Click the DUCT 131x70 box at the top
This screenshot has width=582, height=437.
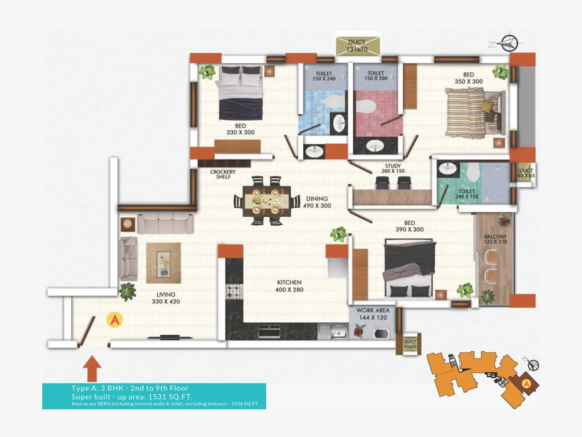click(x=357, y=46)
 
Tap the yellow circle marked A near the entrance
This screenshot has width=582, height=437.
click(x=115, y=320)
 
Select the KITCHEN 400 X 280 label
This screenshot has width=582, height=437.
click(x=289, y=286)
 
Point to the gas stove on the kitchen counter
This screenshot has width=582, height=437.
click(x=234, y=292)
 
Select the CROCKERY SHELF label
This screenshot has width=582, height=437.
click(x=223, y=174)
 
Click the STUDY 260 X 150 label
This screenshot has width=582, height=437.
click(x=393, y=168)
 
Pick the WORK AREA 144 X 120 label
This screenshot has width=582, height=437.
click(x=373, y=314)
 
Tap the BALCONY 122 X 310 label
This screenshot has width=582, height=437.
click(x=495, y=239)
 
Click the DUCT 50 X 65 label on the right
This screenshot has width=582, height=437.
click(x=526, y=173)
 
